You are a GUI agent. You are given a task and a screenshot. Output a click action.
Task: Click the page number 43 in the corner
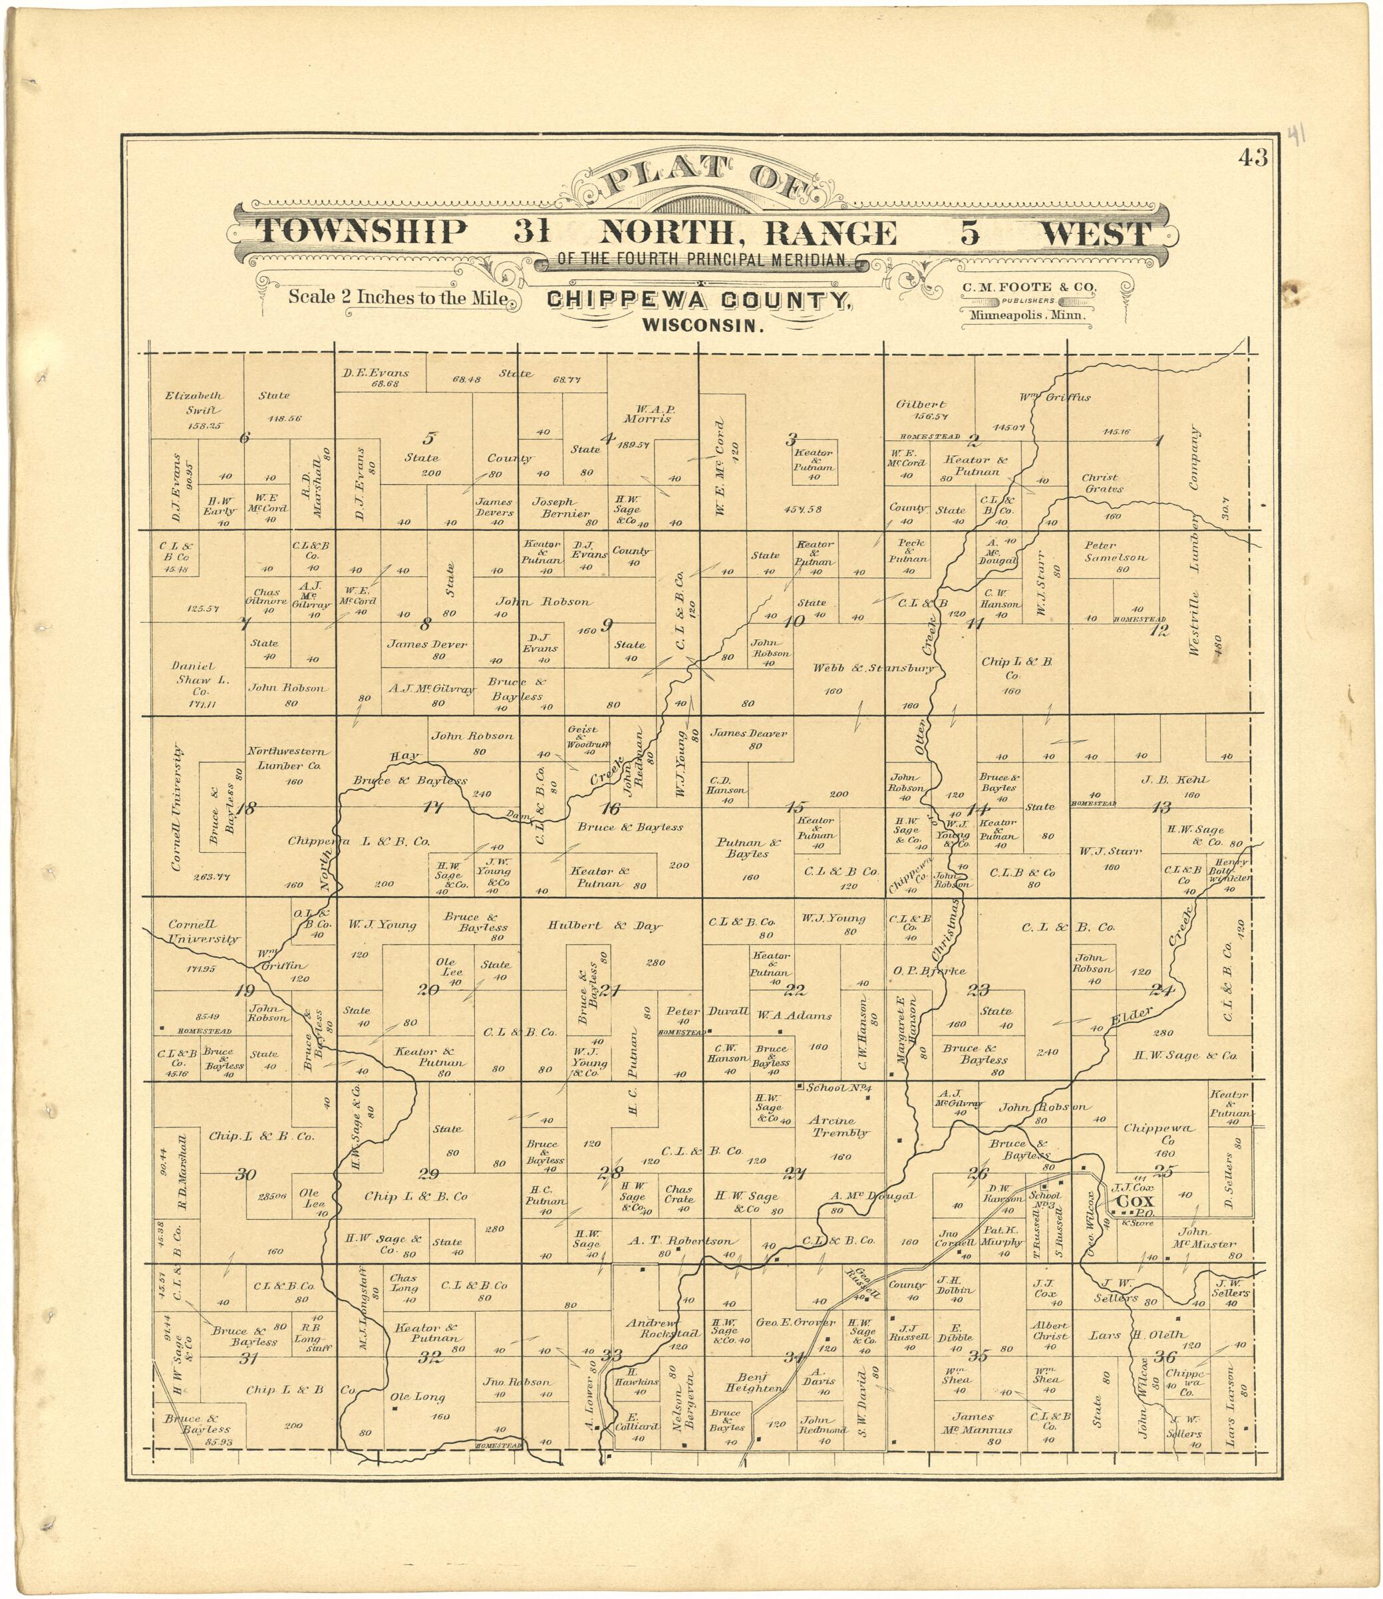[1253, 158]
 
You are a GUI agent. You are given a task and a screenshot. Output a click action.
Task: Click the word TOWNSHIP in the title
[362, 232]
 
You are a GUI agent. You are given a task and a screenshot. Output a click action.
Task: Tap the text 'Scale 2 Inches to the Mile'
[397, 297]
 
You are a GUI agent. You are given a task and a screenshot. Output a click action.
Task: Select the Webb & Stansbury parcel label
[873, 668]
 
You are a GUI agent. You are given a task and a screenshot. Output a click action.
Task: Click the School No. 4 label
[838, 1088]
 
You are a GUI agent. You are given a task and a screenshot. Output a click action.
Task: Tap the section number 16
[611, 809]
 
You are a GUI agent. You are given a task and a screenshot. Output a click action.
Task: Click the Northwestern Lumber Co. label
[289, 758]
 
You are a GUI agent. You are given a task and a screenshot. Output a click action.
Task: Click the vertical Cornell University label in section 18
[178, 808]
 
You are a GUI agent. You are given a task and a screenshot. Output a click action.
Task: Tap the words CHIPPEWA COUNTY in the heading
[699, 301]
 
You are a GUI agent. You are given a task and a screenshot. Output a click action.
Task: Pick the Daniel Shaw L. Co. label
[194, 680]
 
